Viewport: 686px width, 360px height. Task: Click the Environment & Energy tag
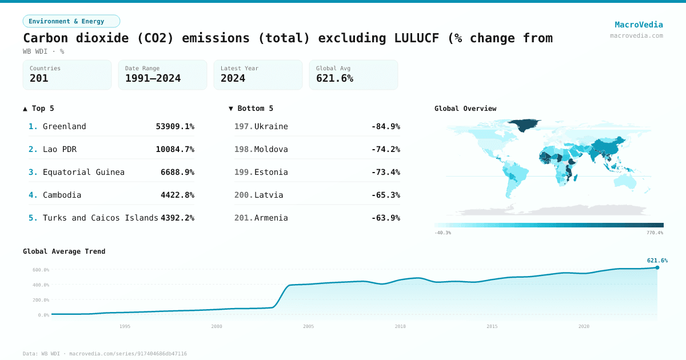pos(71,21)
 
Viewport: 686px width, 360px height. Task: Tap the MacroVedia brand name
pos(639,25)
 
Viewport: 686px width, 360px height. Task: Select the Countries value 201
pos(39,79)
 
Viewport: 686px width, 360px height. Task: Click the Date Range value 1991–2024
pos(153,79)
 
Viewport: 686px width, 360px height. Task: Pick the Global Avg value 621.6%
pos(334,79)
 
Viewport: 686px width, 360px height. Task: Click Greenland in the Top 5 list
pos(64,126)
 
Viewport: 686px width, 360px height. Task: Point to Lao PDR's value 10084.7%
pos(175,149)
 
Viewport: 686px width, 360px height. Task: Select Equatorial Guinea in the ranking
pos(83,172)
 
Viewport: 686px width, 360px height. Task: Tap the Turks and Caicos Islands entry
pos(100,218)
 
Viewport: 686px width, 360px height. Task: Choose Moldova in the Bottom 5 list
pos(271,149)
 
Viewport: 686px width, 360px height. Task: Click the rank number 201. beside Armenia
pos(243,218)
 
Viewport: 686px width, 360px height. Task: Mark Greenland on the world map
pos(524,124)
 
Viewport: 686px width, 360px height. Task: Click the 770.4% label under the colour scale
pos(655,233)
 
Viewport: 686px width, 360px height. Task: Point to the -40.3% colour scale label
pos(442,233)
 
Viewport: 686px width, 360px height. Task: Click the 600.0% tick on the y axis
pos(41,270)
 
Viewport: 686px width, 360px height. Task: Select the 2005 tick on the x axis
pos(308,326)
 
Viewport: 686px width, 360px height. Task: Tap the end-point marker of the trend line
pos(657,267)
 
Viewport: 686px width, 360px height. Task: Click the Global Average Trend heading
pos(64,251)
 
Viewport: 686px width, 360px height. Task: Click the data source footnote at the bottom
pos(105,354)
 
